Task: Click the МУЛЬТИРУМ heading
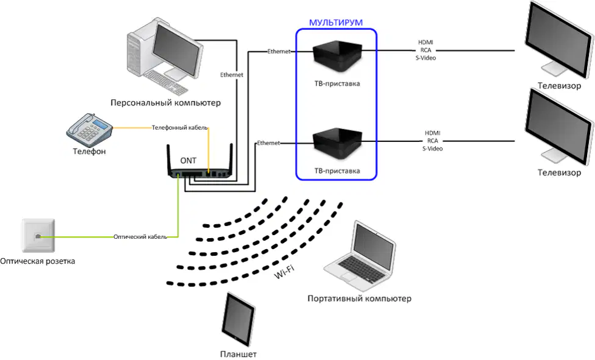[336, 23]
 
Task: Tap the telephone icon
[90, 130]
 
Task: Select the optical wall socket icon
[38, 236]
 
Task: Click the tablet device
[238, 319]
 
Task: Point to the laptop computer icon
[360, 252]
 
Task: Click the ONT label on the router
[188, 161]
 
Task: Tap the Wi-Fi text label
[284, 272]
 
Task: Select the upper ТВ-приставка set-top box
[337, 57]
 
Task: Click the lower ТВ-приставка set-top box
[337, 144]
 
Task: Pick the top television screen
[558, 41]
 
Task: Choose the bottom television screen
[558, 127]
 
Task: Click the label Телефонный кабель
[179, 128]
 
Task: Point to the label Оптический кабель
[140, 237]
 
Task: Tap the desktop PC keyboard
[165, 82]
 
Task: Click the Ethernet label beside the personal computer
[232, 75]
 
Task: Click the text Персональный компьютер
[165, 103]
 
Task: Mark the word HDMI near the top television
[426, 43]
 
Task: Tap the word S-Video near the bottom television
[432, 149]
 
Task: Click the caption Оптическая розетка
[38, 261]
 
